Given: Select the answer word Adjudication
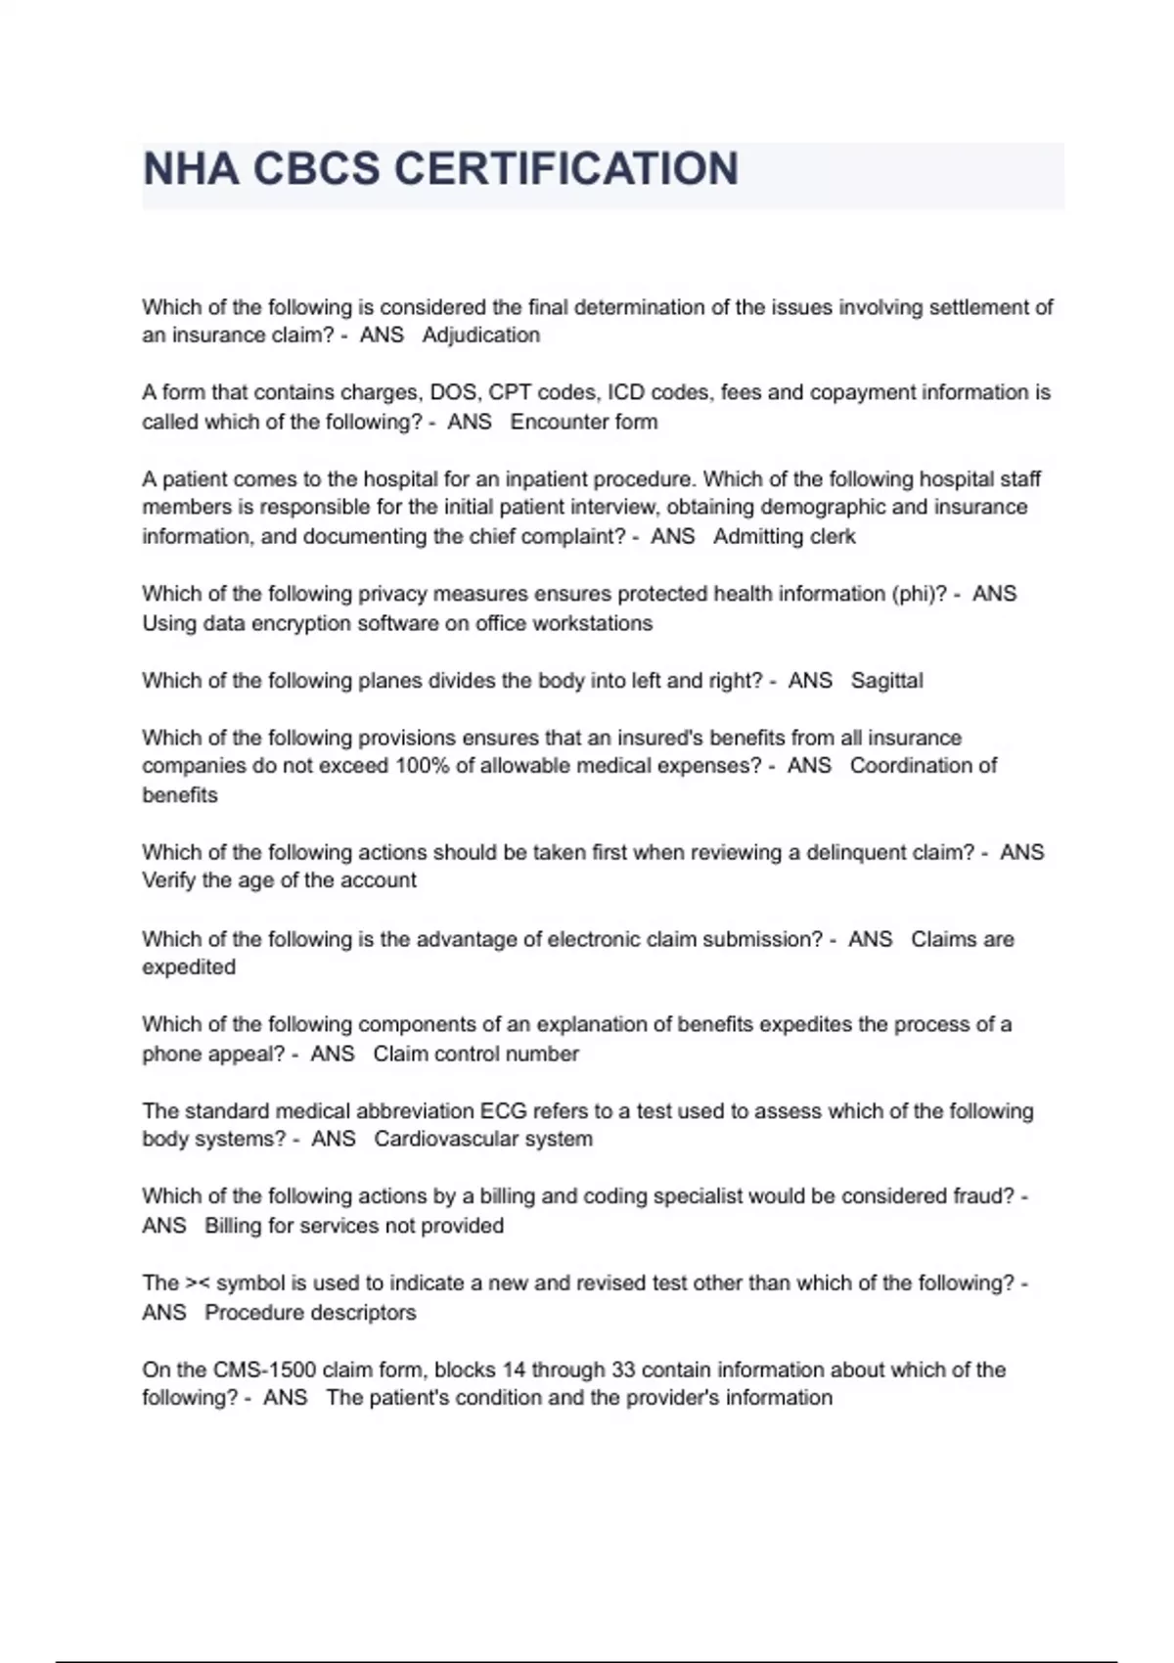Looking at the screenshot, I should point(480,336).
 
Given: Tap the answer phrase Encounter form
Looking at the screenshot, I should point(583,422).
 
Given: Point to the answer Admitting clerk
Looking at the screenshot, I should point(784,536).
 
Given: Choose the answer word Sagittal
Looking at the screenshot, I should point(886,681).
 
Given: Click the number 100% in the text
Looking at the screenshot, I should point(422,766).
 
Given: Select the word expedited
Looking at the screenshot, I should point(189,967).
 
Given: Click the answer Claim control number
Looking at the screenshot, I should point(475,1054).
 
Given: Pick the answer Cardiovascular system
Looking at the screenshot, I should point(482,1140).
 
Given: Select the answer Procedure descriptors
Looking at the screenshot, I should point(310,1313).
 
